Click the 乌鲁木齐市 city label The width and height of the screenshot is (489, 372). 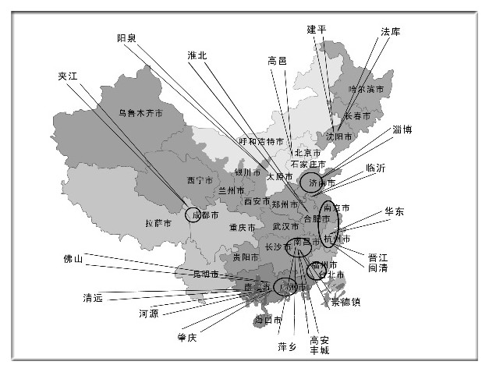tap(140, 112)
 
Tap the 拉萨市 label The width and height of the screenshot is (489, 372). tap(158, 223)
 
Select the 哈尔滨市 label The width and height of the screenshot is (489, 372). tap(367, 90)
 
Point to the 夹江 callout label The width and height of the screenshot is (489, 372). tap(69, 76)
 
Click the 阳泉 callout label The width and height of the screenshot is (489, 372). tap(128, 37)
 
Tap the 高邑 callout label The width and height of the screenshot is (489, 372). tap(278, 60)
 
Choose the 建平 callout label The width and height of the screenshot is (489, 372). tap(317, 29)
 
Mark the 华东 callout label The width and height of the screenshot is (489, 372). tap(395, 211)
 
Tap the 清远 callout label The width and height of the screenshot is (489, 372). tap(94, 297)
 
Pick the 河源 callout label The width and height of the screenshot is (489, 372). tap(149, 314)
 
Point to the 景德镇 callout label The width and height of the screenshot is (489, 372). tap(345, 301)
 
